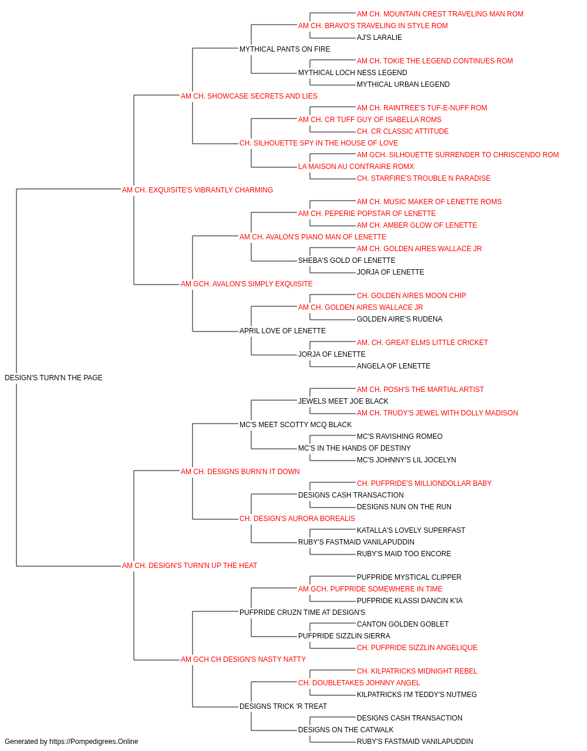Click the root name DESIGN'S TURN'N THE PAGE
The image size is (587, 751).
pos(53,378)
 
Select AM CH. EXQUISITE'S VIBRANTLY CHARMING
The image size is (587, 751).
pos(197,190)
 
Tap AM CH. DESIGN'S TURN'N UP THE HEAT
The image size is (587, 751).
pos(190,566)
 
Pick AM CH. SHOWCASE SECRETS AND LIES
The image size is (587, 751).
pos(249,96)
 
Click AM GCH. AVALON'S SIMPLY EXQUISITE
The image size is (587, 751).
pos(247,284)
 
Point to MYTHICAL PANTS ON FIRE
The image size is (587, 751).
pos(285,49)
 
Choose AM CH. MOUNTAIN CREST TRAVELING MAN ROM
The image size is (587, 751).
pos(440,14)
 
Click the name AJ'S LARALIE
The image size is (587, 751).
pos(379,38)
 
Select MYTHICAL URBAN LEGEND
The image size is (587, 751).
pos(403,84)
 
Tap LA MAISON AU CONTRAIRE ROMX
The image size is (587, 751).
pos(356,167)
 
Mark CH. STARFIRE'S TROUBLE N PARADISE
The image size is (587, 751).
pos(423,178)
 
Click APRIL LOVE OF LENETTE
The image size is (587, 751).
pos(282,331)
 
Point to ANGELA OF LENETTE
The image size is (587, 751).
pos(393,366)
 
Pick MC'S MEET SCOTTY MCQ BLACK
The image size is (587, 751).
pos(296,425)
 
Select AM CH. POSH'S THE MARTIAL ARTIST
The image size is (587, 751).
pos(420,390)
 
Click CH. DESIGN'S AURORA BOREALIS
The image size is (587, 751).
pos(297,519)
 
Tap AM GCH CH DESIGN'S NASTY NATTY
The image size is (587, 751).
pos(244,659)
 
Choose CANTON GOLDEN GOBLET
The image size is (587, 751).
pos(403,624)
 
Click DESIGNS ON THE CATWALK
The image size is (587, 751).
pos(346,729)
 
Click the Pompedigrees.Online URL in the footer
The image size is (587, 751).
pos(94,742)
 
